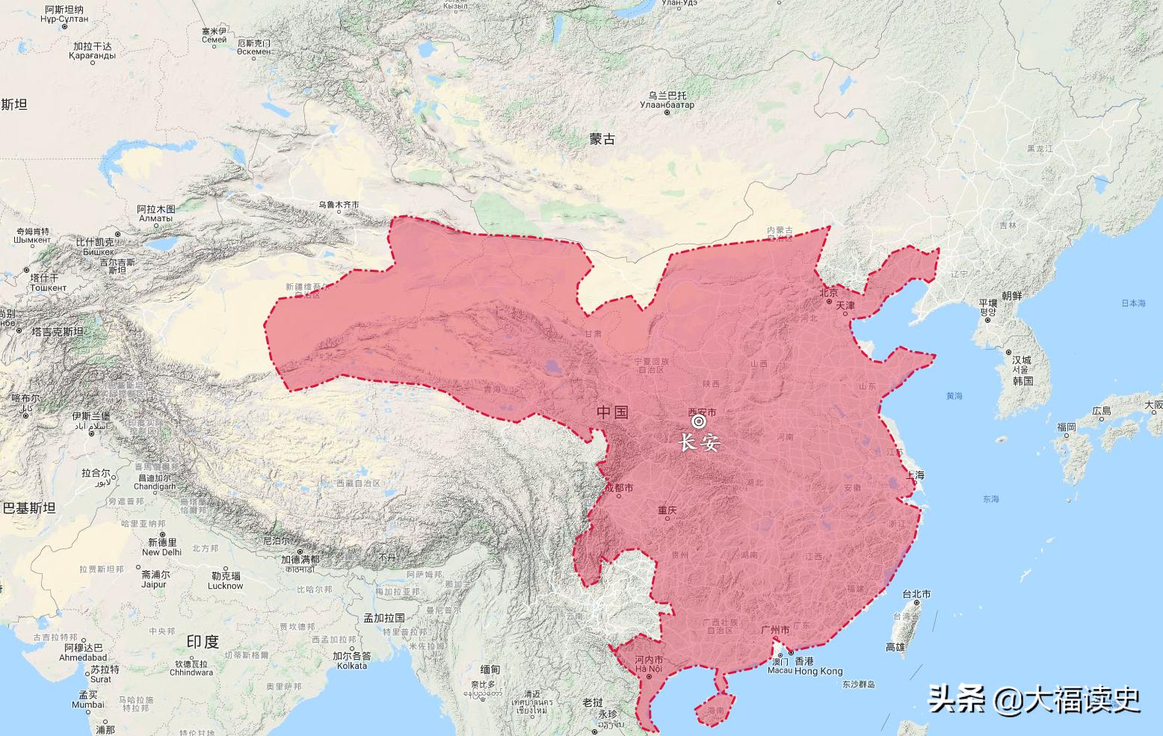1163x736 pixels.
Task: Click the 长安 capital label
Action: point(699,442)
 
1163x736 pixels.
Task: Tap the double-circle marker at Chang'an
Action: point(699,422)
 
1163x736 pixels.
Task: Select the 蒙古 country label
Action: point(602,138)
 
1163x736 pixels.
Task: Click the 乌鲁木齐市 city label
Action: point(339,205)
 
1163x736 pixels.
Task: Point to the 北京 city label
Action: point(829,284)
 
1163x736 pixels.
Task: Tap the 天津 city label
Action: point(845,306)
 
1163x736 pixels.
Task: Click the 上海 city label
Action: point(914,475)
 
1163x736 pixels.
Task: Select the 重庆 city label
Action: point(667,511)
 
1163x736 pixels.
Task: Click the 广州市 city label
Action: point(774,631)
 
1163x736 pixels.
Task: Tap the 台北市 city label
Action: point(916,594)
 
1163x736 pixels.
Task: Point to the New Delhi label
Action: point(161,552)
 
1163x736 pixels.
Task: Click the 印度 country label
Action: point(203,641)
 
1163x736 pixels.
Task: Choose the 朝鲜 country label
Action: point(1011,296)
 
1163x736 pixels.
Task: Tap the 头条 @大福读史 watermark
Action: point(1034,699)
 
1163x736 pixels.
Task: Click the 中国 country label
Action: point(612,412)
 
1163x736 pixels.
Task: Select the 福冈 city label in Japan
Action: point(1066,427)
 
